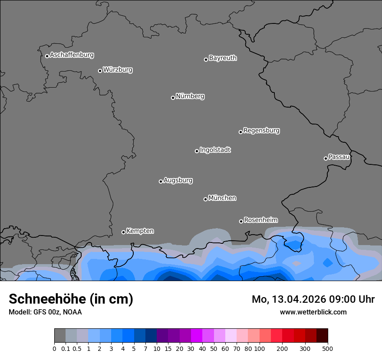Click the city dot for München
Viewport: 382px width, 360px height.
205,199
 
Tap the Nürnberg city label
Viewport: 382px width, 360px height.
190,96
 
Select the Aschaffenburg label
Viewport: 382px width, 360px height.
72,55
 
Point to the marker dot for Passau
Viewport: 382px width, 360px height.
326,158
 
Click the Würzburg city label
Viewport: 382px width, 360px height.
118,70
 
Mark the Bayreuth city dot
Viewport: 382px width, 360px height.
206,59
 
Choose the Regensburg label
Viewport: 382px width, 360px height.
261,131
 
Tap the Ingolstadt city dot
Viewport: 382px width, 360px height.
197,151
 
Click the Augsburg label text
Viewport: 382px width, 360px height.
178,180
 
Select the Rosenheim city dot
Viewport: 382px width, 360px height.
241,221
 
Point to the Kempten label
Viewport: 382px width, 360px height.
140,231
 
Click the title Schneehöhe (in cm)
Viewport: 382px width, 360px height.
71,299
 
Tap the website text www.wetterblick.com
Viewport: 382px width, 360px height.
313,312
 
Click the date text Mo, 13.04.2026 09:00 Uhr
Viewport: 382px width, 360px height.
313,299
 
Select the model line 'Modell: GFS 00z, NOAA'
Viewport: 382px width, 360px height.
45,312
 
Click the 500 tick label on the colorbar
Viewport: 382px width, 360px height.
328,348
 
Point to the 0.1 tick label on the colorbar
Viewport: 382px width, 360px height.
66,348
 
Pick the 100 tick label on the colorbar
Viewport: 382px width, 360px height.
260,348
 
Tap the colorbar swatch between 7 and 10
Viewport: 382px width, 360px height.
151,336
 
